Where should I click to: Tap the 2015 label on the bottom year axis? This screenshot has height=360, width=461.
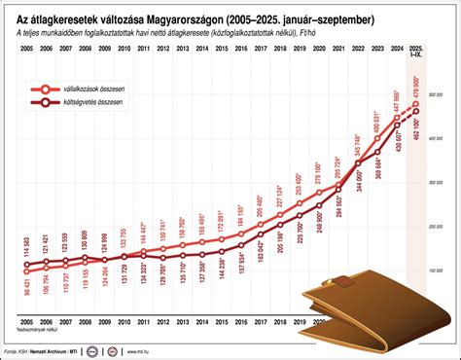[226, 330]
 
